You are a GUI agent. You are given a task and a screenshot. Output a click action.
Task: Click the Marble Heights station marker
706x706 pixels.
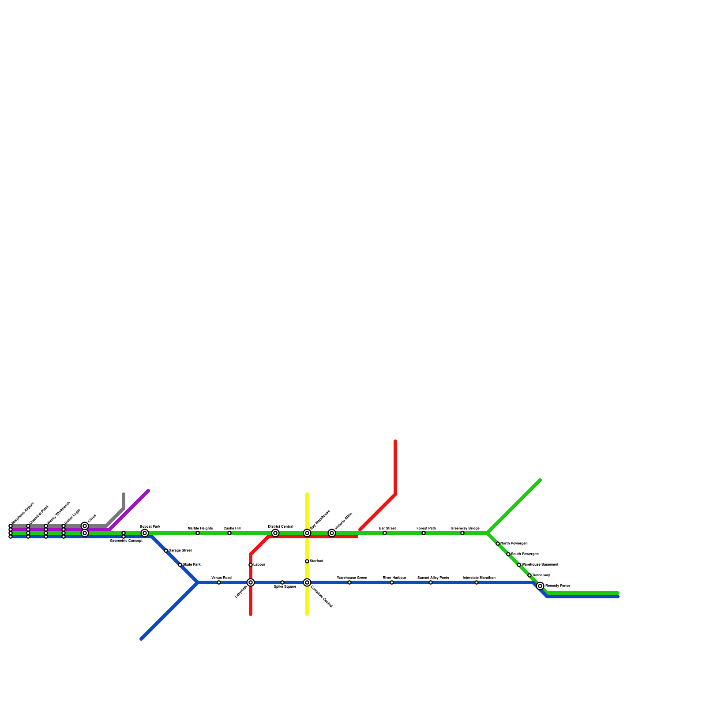[198, 533]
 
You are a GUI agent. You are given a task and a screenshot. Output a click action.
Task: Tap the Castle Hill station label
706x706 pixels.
[232, 528]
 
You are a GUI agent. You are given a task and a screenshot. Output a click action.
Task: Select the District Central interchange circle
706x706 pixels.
[275, 533]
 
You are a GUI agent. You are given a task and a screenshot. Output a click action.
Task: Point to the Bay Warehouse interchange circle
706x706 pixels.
[307, 533]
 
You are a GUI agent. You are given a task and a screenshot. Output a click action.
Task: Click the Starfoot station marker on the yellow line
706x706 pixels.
[307, 561]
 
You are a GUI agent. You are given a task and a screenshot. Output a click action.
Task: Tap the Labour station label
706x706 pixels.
[259, 565]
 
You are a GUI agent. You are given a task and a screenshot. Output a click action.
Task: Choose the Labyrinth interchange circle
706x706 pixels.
[251, 582]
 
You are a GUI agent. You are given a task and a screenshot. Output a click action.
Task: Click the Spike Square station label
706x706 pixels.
[285, 587]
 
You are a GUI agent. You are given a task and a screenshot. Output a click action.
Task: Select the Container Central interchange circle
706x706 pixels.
[307, 582]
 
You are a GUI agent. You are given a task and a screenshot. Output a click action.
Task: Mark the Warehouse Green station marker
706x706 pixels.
[349, 582]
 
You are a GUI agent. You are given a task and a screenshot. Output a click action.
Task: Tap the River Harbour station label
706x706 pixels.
[394, 578]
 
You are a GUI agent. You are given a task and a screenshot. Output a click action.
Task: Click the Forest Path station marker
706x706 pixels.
[424, 533]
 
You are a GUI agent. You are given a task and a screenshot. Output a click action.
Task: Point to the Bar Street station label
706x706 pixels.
[387, 528]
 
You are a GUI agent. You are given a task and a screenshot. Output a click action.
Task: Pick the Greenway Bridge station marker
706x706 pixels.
[462, 533]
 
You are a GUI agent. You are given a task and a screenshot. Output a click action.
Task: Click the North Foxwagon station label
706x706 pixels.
[514, 544]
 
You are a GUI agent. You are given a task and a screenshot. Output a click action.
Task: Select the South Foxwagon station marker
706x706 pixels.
[508, 554]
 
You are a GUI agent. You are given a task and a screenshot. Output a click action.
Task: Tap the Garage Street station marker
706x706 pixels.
[166, 551]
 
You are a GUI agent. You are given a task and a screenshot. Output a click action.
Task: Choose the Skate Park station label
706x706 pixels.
[192, 565]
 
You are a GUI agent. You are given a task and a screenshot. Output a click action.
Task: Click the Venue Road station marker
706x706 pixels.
[219, 582]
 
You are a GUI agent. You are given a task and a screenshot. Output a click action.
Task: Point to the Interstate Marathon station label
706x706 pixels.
[479, 578]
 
